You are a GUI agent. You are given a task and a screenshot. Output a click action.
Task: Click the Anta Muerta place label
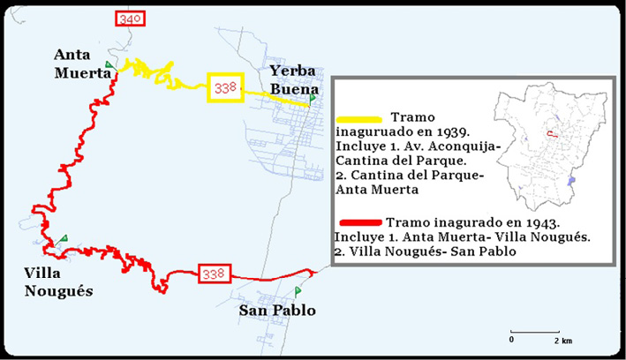[x=82, y=63]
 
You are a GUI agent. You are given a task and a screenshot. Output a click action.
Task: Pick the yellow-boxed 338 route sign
[x=224, y=86]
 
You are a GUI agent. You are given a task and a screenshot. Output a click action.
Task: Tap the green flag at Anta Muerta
[x=109, y=65]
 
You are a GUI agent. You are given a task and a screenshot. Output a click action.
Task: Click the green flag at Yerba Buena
[x=312, y=98]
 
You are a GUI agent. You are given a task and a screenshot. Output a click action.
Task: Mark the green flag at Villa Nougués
[x=64, y=239]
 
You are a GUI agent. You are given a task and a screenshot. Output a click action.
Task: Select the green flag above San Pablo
[x=298, y=290]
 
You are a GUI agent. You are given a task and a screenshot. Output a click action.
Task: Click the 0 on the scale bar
[x=511, y=340]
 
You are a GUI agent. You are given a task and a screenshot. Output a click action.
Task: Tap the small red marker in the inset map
[x=551, y=134]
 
